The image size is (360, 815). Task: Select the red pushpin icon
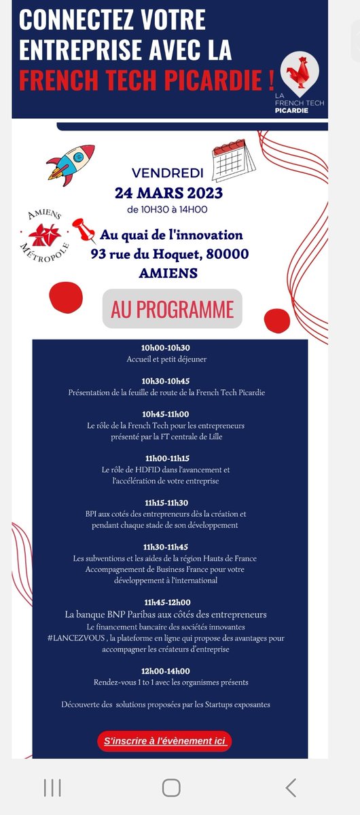click(x=84, y=230)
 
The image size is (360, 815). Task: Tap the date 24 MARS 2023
click(x=168, y=193)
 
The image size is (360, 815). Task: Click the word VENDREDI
click(x=168, y=173)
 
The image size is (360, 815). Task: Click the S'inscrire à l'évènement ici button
click(x=164, y=741)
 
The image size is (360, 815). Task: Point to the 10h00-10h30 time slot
click(x=166, y=348)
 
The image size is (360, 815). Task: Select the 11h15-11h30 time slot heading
click(x=166, y=502)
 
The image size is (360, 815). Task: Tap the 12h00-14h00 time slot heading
click(x=166, y=671)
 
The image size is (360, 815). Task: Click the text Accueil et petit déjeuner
click(x=166, y=359)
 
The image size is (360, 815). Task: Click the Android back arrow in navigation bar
click(x=291, y=787)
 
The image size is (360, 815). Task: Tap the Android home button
click(x=171, y=787)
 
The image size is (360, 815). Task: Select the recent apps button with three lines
click(x=52, y=787)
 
